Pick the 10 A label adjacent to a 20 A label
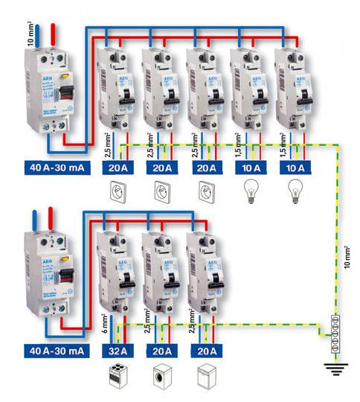coord(249,167)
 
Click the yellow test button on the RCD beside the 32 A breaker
coord(65,258)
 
